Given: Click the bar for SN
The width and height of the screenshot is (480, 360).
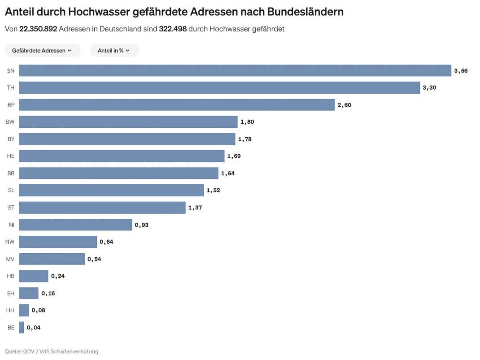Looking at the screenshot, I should pyautogui.click(x=235, y=71).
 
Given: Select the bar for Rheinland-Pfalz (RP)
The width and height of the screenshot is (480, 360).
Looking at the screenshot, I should pyautogui.click(x=177, y=105).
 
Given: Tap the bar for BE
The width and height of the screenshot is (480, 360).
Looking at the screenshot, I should pyautogui.click(x=22, y=327).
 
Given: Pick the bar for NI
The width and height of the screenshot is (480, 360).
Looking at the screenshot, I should pyautogui.click(x=75, y=225).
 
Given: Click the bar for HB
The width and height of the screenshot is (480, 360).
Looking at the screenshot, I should pyautogui.click(x=34, y=276).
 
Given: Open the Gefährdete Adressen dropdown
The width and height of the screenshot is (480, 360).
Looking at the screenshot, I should pyautogui.click(x=42, y=51).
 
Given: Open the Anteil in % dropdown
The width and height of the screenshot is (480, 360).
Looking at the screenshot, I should pyautogui.click(x=114, y=51).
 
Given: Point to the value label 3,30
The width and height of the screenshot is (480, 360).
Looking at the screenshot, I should pyautogui.click(x=429, y=88).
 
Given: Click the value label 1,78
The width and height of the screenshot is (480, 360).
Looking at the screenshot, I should pyautogui.click(x=244, y=139).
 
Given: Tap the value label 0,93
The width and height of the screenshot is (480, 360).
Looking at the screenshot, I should pyautogui.click(x=141, y=225).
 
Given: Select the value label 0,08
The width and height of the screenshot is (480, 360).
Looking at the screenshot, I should pyautogui.click(x=38, y=310).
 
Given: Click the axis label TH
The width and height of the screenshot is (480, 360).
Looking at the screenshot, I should pyautogui.click(x=11, y=88).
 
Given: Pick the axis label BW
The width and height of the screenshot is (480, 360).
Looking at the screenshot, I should pyautogui.click(x=10, y=122).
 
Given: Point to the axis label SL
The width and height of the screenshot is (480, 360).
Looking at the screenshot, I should pyautogui.click(x=11, y=191).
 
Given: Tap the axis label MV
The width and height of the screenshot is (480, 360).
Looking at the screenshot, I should pyautogui.click(x=10, y=259).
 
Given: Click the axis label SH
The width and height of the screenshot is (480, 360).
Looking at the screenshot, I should pyautogui.click(x=11, y=293).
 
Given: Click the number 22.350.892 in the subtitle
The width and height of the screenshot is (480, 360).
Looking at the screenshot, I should pyautogui.click(x=38, y=29).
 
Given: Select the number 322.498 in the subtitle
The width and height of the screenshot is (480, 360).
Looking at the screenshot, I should pyautogui.click(x=173, y=29).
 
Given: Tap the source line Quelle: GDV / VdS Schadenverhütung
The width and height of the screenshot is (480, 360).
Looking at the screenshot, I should pyautogui.click(x=51, y=351).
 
